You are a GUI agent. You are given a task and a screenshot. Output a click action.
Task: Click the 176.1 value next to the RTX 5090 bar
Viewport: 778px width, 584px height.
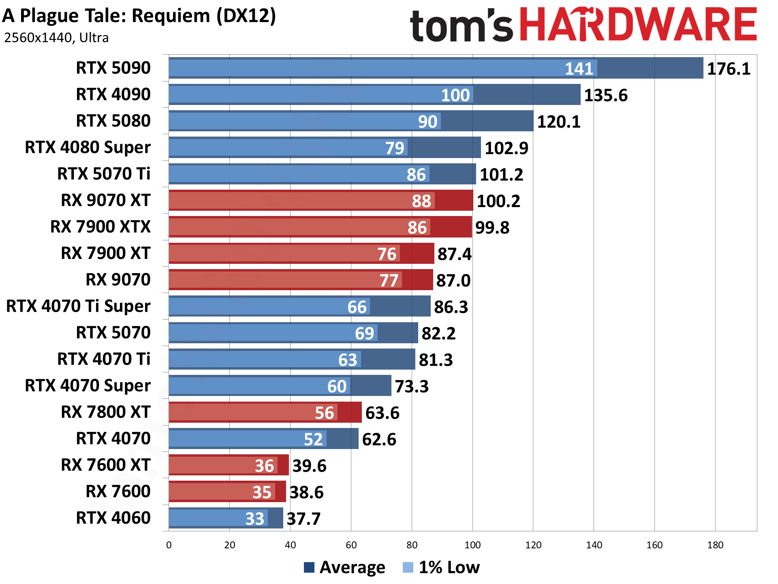[x=728, y=69]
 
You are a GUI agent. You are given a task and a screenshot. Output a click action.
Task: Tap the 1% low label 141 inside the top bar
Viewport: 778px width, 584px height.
[x=579, y=68]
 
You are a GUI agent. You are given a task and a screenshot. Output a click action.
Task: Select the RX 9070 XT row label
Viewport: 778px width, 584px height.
[x=105, y=200]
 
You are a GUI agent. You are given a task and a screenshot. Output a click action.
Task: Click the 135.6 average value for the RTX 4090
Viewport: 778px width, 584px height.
[x=605, y=95]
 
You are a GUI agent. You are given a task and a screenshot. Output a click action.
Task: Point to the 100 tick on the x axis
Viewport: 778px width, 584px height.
[x=472, y=545]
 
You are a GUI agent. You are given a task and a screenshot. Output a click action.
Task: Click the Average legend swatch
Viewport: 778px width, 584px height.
[x=309, y=567]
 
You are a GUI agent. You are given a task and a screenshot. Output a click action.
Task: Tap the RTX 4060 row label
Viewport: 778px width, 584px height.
[x=113, y=518]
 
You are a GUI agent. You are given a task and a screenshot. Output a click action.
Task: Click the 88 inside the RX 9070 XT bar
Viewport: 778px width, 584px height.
[x=421, y=201]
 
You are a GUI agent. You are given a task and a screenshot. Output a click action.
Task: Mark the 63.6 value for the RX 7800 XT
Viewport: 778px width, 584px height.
[x=382, y=413]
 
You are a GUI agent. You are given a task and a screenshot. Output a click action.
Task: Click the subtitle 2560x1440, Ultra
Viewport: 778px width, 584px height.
[x=56, y=38]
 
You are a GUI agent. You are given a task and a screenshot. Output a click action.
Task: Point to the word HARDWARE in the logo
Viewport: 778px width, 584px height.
[x=638, y=25]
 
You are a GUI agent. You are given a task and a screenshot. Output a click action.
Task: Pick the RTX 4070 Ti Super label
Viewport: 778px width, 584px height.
[x=78, y=306]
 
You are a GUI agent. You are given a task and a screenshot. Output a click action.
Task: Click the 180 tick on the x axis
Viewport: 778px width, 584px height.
[x=715, y=545]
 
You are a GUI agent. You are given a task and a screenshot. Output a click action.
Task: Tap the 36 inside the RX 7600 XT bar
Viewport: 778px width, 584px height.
[x=264, y=466]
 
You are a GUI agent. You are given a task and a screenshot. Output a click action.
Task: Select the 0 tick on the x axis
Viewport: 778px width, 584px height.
[x=169, y=545]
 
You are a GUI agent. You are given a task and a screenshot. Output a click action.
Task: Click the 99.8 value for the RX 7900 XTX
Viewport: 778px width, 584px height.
[x=492, y=228]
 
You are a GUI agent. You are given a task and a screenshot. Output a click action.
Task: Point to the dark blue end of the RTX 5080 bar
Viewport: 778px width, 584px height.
[x=486, y=121]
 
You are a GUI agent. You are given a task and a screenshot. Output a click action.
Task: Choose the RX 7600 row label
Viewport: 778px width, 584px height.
[x=118, y=492]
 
